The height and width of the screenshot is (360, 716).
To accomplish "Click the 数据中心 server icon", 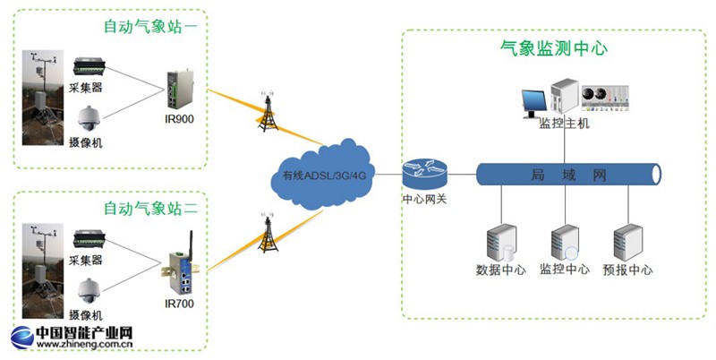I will pos(502,243).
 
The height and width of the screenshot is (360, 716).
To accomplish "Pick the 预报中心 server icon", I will pos(626,243).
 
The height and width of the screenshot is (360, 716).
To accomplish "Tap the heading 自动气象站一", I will pos(151,27).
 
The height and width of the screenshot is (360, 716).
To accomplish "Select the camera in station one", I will pos(91,118).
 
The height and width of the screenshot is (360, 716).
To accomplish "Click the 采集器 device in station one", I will pos(91,66).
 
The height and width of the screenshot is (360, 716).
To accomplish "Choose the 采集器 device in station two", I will pos(91,239).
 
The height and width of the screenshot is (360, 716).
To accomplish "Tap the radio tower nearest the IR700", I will pos(266,236).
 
